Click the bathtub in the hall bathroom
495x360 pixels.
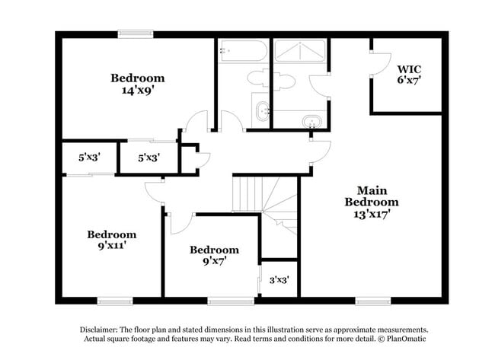click(x=243, y=52)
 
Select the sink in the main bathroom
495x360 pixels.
click(x=310, y=121)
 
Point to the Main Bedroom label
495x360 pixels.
click(x=371, y=196)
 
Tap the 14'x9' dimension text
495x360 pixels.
click(x=137, y=90)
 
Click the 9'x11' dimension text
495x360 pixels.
click(x=111, y=247)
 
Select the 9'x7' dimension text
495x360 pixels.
click(x=214, y=261)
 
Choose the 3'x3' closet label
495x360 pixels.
click(x=279, y=280)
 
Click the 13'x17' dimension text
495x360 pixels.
click(x=372, y=215)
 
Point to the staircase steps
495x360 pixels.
click(x=249, y=193)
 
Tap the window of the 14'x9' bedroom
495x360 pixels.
click(x=136, y=33)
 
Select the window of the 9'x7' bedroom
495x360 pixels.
click(x=231, y=300)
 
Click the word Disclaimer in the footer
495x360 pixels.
click(x=101, y=329)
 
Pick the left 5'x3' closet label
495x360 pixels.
click(x=89, y=158)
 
